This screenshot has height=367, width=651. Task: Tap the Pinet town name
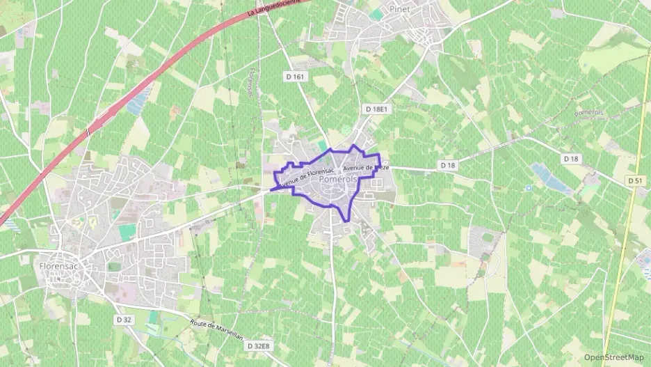(x=400, y=9)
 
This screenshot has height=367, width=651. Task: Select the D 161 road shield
(x=295, y=75)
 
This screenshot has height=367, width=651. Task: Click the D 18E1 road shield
(x=376, y=109)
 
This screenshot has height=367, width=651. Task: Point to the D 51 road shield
(x=634, y=180)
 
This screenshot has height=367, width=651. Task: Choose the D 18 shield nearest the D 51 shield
(x=571, y=159)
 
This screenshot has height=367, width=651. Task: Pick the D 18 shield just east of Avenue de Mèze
(x=448, y=165)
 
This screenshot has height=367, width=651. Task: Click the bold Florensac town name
(x=57, y=265)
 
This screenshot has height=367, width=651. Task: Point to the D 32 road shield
(x=124, y=319)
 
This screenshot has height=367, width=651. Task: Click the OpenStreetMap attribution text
(x=614, y=357)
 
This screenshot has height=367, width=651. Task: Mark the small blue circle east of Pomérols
(x=529, y=188)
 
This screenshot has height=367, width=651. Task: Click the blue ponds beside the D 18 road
(x=549, y=178)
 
